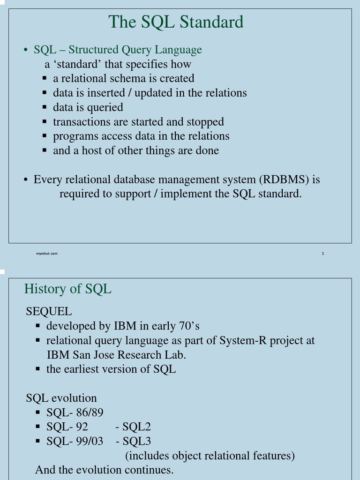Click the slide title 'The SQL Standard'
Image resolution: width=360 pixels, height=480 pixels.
click(176, 22)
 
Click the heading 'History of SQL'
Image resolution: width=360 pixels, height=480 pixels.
click(67, 289)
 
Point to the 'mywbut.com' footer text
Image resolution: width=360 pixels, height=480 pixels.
click(47, 254)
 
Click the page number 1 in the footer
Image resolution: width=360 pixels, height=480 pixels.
click(323, 254)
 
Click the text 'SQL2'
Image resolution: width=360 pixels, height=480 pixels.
click(136, 427)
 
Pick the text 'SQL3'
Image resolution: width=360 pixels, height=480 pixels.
click(136, 441)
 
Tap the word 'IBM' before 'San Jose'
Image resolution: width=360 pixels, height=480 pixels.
click(58, 355)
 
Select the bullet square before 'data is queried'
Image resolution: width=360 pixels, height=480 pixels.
click(44, 107)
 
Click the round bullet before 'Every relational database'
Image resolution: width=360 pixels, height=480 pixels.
click(26, 180)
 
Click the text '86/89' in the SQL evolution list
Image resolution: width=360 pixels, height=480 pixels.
click(89, 412)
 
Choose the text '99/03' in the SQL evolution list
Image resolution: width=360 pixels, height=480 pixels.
click(89, 441)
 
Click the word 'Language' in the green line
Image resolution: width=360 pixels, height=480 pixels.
click(180, 50)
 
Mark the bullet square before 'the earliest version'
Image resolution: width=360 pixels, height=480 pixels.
click(38, 369)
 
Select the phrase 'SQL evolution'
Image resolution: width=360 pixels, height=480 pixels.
click(61, 398)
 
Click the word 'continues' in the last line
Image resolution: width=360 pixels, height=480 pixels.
click(150, 470)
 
